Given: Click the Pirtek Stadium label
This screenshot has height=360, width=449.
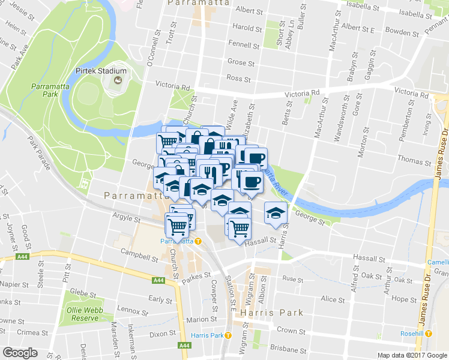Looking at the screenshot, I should (x=101, y=71).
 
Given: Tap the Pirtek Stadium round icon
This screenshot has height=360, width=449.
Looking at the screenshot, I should (x=118, y=80).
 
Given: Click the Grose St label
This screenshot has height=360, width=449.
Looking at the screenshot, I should (x=241, y=62).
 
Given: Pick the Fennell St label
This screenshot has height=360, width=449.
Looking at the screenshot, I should (x=243, y=43).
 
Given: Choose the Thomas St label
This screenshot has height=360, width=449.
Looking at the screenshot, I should (x=410, y=160).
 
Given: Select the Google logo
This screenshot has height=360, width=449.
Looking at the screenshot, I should (x=20, y=352).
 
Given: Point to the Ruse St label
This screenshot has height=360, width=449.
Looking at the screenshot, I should (x=293, y=279).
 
